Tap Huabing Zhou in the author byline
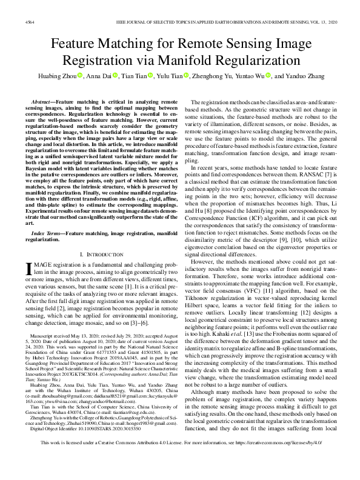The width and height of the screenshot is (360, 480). pos(52,76)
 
